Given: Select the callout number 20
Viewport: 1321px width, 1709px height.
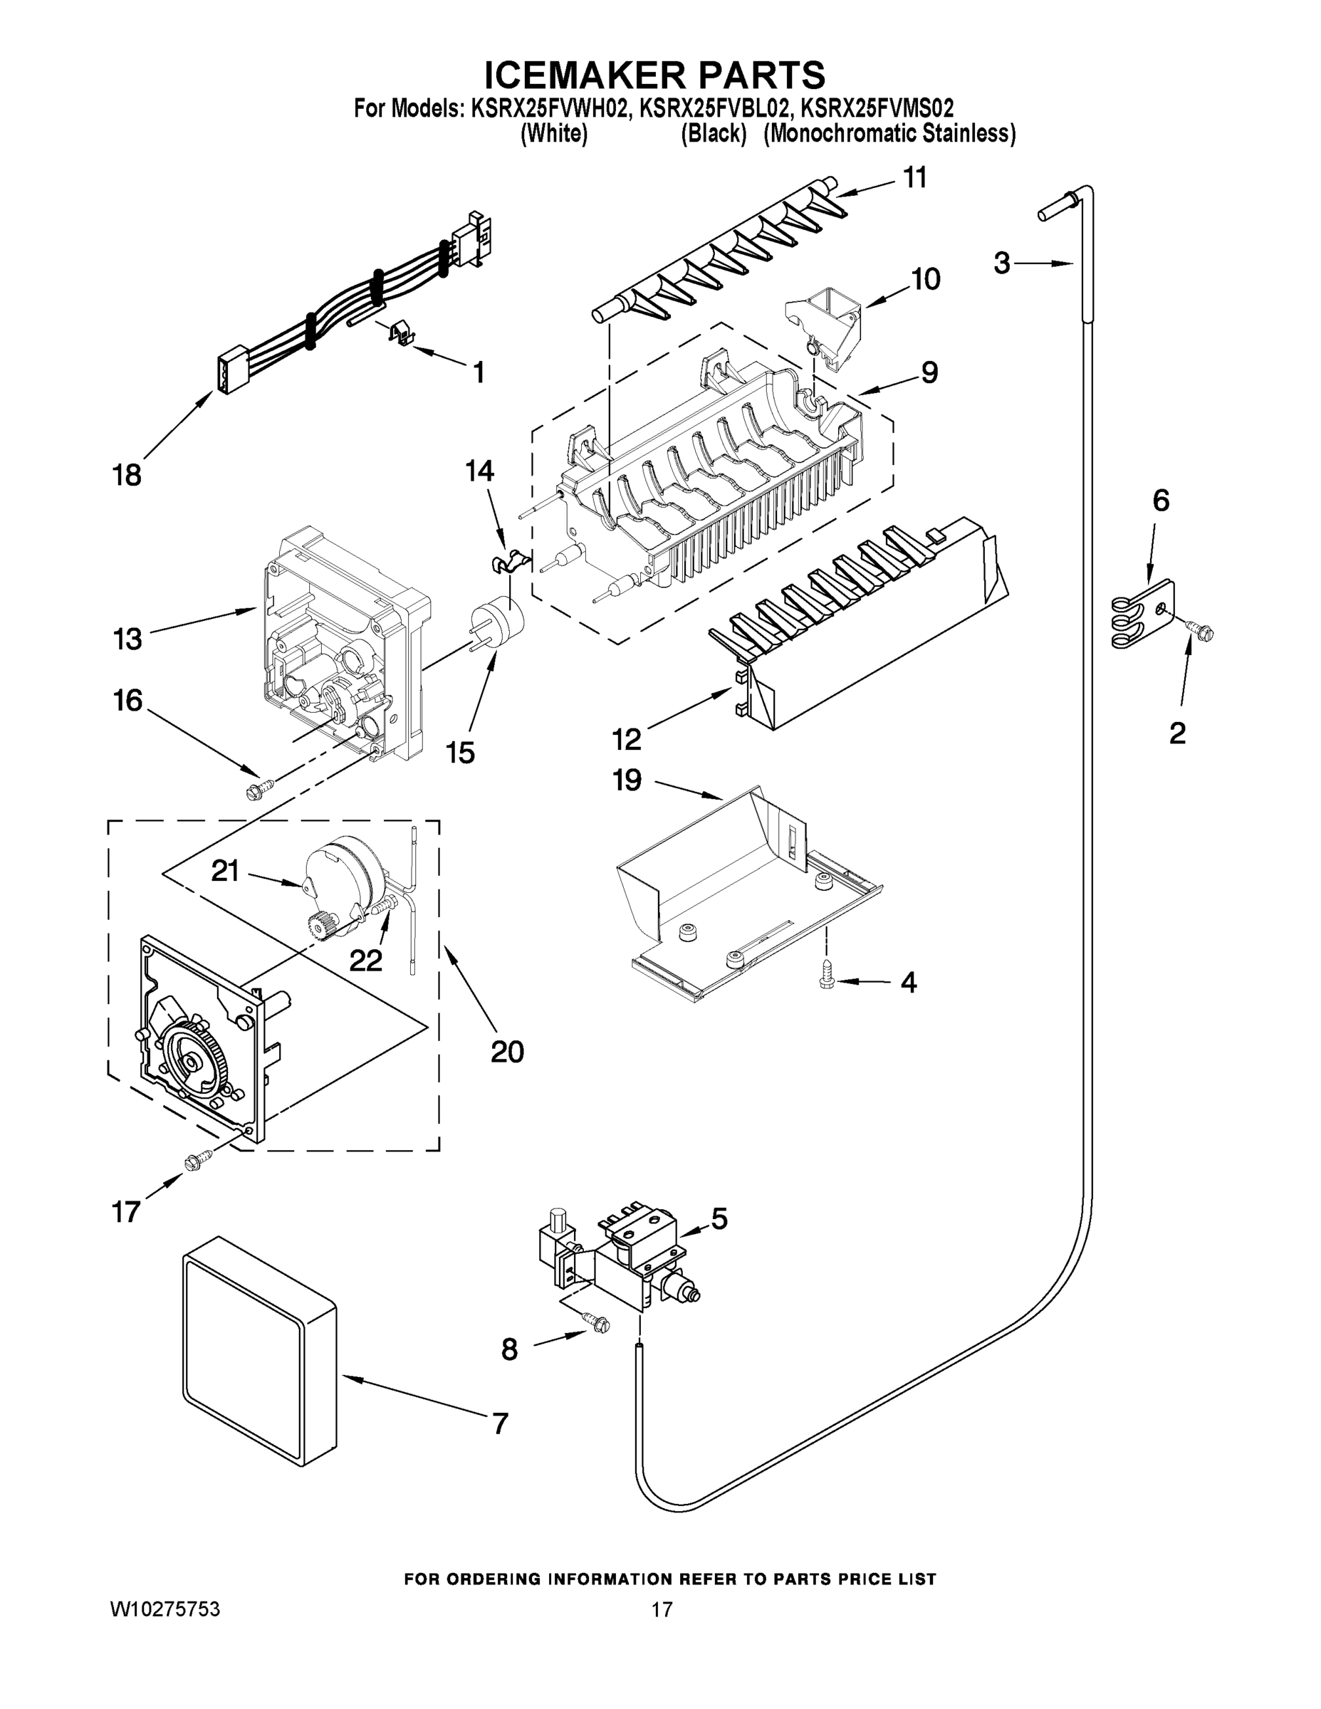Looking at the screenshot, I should tap(507, 1052).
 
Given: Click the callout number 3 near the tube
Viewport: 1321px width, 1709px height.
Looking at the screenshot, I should tap(1002, 263).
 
